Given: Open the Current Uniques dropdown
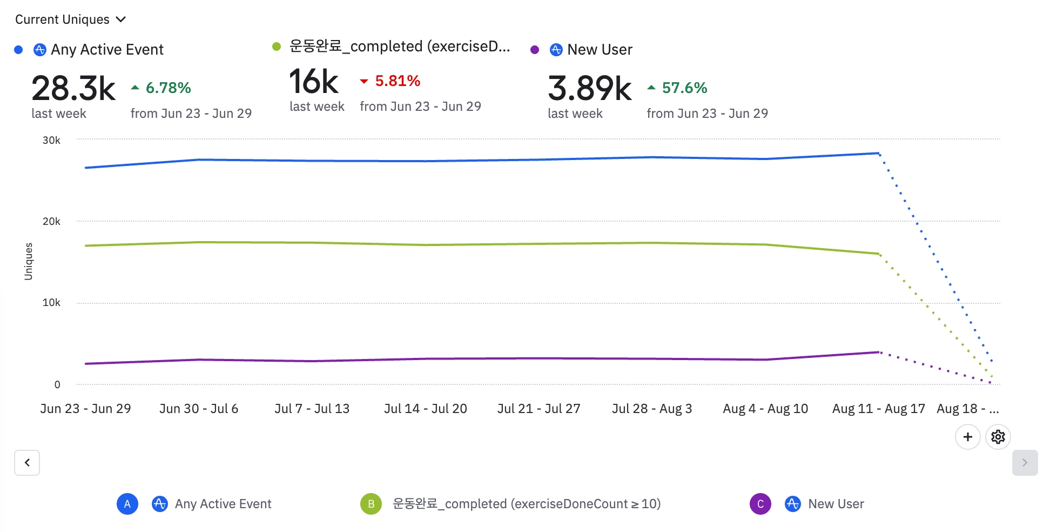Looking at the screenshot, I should pos(70,19).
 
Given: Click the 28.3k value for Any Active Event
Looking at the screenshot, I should pos(73,89).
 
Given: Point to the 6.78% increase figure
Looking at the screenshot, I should pos(168,88).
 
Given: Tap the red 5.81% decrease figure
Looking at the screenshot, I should pos(397,81).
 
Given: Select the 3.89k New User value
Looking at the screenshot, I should pos(589,89).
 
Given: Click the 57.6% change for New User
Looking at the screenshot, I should pos(684,88).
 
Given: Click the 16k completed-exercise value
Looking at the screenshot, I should pos(314,82).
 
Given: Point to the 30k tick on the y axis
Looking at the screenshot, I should pos(51,141).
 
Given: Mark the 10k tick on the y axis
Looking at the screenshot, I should pos(51,303).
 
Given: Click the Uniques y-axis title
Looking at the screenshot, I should pos(29,262).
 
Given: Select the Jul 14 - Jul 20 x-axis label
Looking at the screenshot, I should pos(425,409).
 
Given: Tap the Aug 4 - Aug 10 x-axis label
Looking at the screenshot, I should pos(765,409).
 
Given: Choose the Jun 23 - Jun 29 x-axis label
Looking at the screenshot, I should pos(85,409).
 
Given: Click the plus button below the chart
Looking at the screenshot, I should pos(967,437).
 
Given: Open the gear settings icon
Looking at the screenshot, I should pos(998,437).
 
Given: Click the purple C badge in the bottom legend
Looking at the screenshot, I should pos(760,504).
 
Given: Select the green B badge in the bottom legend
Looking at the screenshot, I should pos(371,504).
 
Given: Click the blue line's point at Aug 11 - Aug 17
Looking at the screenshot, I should pos(879,154).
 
